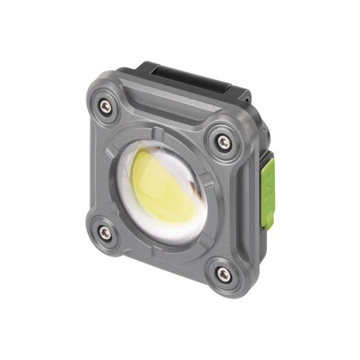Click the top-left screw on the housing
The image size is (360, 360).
coord(106,107)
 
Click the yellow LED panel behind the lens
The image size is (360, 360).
coord(159,179)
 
